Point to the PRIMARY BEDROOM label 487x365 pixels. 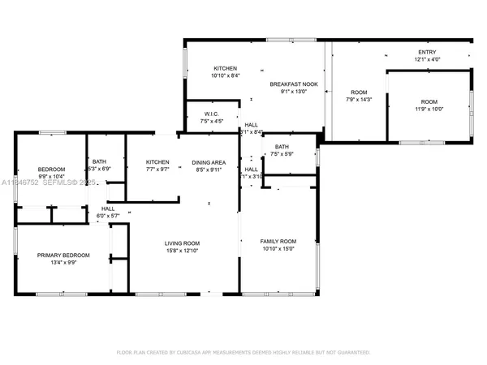[63, 255]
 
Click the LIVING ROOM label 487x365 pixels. [182, 243]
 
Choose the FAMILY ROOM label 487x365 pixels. [278, 242]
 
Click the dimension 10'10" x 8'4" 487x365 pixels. [225, 75]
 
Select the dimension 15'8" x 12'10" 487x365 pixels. [182, 251]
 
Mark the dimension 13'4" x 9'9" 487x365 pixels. [63, 262]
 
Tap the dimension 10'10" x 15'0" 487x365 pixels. [278, 249]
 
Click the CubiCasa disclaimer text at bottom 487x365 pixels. [243, 353]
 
